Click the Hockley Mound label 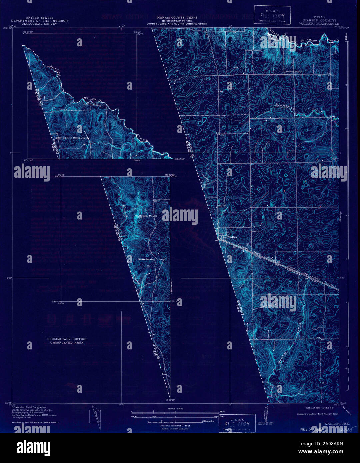[x=148, y=216]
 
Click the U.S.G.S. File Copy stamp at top [x=272, y=15]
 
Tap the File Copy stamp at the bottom [x=237, y=424]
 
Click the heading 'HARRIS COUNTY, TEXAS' [x=177, y=18]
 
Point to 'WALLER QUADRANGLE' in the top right [x=319, y=24]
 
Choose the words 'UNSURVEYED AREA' [x=67, y=343]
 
